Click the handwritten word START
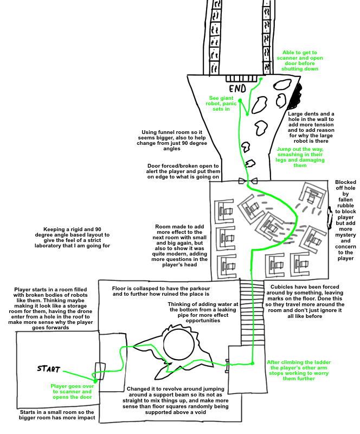point(49,369)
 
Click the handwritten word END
point(237,88)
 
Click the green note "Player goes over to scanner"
point(72,391)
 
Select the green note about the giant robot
point(221,104)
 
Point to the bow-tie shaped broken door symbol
point(248,181)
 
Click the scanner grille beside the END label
point(241,78)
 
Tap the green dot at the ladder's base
point(252,363)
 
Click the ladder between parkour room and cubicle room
point(252,312)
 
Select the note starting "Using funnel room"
point(172,141)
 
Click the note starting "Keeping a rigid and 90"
point(72,238)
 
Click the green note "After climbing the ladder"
point(299,371)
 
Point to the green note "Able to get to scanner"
point(300,61)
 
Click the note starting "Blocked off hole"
point(345,220)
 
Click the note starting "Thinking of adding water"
point(203,312)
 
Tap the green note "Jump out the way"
point(300,157)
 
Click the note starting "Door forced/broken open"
point(183,171)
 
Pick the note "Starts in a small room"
point(57,414)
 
